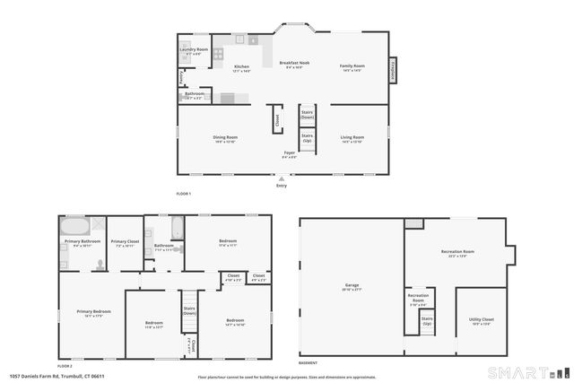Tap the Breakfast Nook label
pos(295,64)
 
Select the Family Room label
pos(352,65)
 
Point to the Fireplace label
pos(392,70)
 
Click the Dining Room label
pos(225,137)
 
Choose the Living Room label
pos(352,137)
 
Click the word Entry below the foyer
pos(282,186)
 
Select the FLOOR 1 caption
pos(184,194)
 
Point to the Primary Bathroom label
pos(81,242)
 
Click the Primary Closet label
pos(125,242)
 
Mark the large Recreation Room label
pos(457,252)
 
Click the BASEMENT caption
pos(308,362)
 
